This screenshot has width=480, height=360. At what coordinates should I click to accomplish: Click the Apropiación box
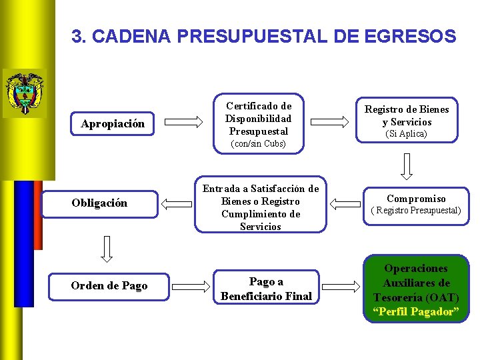pyautogui.click(x=112, y=124)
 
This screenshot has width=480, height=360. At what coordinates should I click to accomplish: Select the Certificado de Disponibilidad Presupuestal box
pyautogui.click(x=258, y=123)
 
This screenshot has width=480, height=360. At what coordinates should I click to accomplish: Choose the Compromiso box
pyautogui.click(x=416, y=204)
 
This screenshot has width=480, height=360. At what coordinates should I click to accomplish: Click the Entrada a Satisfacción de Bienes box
pyautogui.click(x=260, y=207)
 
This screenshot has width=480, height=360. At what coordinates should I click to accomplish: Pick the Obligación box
pyautogui.click(x=99, y=203)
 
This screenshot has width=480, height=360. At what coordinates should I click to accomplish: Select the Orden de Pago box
pyautogui.click(x=109, y=286)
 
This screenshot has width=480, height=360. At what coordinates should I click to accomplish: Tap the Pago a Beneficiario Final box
pyautogui.click(x=266, y=289)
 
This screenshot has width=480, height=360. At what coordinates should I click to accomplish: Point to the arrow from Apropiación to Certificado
pyautogui.click(x=183, y=121)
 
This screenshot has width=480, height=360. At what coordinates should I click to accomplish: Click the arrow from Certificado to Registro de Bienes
pyautogui.click(x=331, y=121)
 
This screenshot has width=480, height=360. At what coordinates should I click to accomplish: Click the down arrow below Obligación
pyautogui.click(x=107, y=248)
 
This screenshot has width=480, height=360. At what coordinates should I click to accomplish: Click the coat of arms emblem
pyautogui.click(x=24, y=93)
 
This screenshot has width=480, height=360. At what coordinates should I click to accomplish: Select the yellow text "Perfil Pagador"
pyautogui.click(x=416, y=312)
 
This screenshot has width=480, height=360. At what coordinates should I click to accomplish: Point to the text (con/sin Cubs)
pyautogui.click(x=258, y=144)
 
